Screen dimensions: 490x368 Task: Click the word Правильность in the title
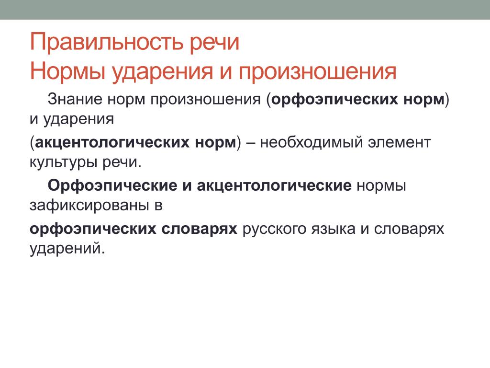click(x=106, y=42)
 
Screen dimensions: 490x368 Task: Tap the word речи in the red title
click(x=215, y=43)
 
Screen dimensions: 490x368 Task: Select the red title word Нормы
click(x=67, y=71)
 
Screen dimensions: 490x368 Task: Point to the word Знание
click(x=75, y=99)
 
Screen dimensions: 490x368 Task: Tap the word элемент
click(x=400, y=143)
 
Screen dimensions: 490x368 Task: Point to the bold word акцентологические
click(x=274, y=186)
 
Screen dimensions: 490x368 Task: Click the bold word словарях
click(x=200, y=229)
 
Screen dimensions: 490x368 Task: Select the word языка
click(x=333, y=229)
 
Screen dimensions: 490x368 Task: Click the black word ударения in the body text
click(x=78, y=119)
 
